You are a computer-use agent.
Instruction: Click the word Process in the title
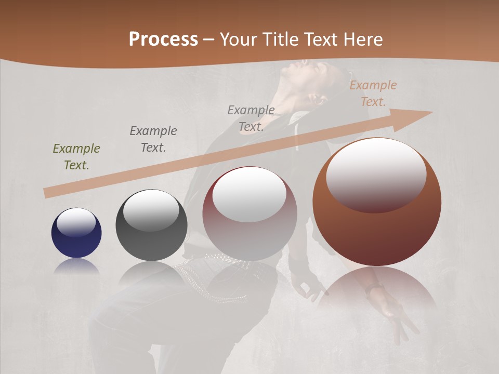click(163, 39)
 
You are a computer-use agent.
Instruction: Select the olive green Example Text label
click(76, 156)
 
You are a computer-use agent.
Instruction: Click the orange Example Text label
click(373, 93)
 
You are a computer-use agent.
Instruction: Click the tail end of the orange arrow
click(47, 193)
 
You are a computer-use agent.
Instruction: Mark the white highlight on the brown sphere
click(376, 174)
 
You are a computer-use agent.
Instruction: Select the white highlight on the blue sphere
click(76, 222)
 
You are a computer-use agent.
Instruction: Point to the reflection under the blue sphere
click(76, 266)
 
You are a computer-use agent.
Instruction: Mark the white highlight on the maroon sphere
click(249, 194)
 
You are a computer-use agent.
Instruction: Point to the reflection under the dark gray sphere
click(151, 272)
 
